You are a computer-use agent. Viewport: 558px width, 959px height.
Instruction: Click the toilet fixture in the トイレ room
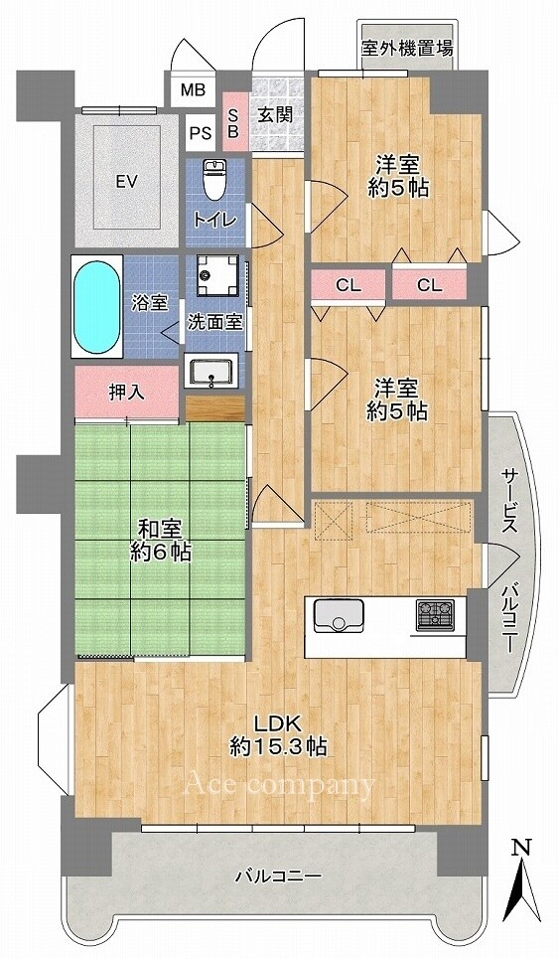pos(213,180)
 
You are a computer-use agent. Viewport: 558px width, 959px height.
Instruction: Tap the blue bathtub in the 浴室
pos(97,306)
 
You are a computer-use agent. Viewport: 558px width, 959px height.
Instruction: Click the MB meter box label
pos(193,90)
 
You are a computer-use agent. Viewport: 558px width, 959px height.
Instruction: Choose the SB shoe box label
pos(233,122)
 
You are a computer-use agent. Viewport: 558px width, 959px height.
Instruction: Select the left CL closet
pos(349,285)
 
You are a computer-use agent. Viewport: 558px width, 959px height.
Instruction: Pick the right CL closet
pos(429,285)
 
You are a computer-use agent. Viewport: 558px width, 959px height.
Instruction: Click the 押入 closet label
pos(127,392)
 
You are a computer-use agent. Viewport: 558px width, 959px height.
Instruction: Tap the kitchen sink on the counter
pos(339,615)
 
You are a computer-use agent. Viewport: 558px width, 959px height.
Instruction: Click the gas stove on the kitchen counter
pos(435,615)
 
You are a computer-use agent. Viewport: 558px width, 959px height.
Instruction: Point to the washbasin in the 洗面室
pos(210,373)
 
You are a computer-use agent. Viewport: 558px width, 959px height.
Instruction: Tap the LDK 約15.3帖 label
pos(278,734)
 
